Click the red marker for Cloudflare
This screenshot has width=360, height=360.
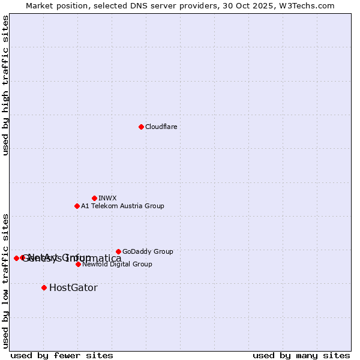click(x=141, y=127)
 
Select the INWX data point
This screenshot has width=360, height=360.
click(x=94, y=198)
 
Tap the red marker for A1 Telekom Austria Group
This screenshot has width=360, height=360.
click(x=77, y=206)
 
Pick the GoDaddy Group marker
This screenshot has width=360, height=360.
click(x=118, y=251)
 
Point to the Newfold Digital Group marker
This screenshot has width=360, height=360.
click(x=78, y=264)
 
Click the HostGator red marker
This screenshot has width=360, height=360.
click(x=44, y=287)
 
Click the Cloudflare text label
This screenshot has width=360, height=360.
click(x=161, y=127)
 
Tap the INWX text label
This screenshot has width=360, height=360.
click(x=107, y=198)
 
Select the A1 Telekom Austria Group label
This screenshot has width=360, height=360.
click(x=122, y=206)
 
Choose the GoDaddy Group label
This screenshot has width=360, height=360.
click(x=148, y=251)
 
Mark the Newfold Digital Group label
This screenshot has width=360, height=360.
click(x=117, y=264)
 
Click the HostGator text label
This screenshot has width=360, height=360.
click(x=73, y=287)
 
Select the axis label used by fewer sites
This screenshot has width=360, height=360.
click(x=62, y=355)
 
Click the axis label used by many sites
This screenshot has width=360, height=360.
click(x=301, y=355)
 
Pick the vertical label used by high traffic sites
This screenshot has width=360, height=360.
click(x=5, y=85)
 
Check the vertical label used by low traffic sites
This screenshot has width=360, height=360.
click(x=5, y=280)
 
